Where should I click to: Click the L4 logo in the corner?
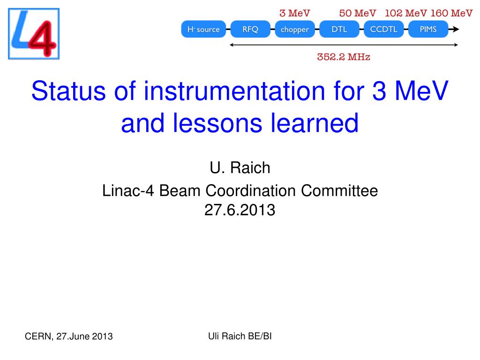(x=34, y=34)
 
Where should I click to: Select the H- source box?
(x=203, y=29)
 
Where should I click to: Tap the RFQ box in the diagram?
(x=250, y=29)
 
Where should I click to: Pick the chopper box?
(x=295, y=29)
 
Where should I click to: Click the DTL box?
(x=339, y=29)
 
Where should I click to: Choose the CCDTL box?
(x=383, y=29)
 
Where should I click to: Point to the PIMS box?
(x=428, y=29)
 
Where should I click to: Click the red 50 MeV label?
(x=358, y=13)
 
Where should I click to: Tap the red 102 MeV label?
(x=406, y=13)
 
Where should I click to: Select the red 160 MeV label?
(x=451, y=13)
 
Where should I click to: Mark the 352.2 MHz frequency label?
(x=344, y=57)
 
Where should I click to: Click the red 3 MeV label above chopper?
(x=295, y=13)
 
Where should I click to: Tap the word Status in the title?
(x=68, y=91)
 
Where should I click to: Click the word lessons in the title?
(x=217, y=123)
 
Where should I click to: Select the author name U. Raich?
(x=240, y=168)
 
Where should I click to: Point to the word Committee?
(x=339, y=191)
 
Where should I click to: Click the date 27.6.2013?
(x=240, y=210)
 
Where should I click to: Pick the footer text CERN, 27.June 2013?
(x=68, y=337)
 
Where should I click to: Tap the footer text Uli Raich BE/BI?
(x=240, y=336)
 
